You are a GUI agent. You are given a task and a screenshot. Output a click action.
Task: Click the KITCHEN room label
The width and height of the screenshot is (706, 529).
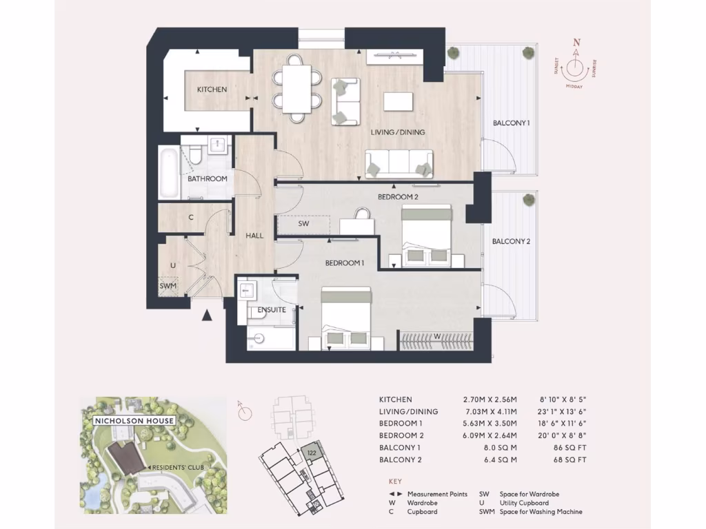point(212,90)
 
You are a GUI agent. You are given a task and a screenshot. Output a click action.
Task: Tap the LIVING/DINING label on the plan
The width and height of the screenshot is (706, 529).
point(399,132)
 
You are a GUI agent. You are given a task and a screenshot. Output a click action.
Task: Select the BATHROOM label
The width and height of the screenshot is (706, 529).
point(208,179)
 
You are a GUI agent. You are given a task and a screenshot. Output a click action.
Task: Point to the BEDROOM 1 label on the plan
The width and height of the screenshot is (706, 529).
point(344,263)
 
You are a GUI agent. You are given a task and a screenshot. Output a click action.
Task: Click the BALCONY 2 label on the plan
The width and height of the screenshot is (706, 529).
point(511,242)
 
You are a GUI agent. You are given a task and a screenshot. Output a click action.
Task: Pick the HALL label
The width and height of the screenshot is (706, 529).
point(254,236)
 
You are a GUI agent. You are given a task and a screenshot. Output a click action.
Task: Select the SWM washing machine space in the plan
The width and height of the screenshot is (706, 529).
point(168,286)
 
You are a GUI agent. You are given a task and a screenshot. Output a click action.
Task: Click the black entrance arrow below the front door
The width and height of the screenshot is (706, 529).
point(206,316)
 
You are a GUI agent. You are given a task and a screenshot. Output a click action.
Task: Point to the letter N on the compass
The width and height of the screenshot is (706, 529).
point(576,42)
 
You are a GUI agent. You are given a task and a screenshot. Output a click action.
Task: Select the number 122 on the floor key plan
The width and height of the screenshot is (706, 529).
point(312,452)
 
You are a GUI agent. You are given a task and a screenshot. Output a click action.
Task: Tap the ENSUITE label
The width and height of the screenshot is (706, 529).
point(272,310)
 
